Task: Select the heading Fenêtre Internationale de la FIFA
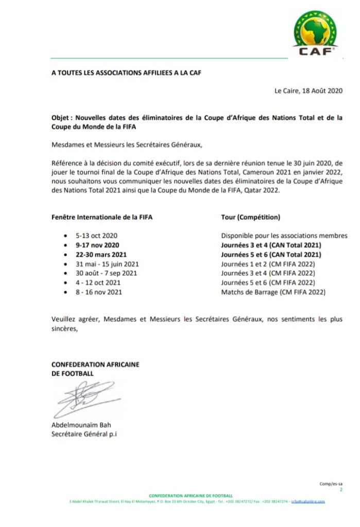click(x=102, y=217)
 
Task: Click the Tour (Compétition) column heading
click(x=247, y=217)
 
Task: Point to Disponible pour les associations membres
click(x=284, y=236)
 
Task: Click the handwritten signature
click(x=82, y=399)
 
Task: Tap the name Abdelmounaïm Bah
click(x=81, y=425)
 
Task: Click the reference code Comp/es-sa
click(x=331, y=484)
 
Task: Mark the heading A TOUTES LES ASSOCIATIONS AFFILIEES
click(x=126, y=73)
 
